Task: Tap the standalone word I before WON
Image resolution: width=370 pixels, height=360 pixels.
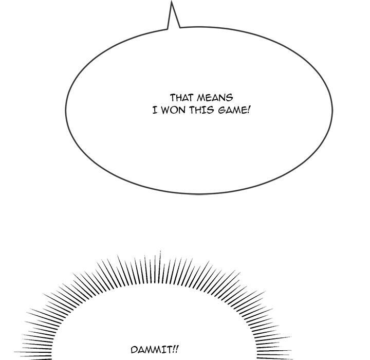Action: (x=155, y=111)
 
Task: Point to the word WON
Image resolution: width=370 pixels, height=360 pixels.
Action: (x=174, y=111)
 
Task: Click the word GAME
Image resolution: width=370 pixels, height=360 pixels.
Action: (x=231, y=111)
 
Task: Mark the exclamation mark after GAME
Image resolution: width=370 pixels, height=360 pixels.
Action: (x=248, y=110)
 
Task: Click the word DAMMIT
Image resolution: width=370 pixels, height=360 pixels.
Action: (x=152, y=350)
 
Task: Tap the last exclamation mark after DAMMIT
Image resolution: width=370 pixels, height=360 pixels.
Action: (x=177, y=349)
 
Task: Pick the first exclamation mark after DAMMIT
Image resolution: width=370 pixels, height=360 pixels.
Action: (x=174, y=349)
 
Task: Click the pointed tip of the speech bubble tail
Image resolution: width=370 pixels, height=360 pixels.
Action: (x=172, y=1)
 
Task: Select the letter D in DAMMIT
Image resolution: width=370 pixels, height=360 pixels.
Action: (x=134, y=350)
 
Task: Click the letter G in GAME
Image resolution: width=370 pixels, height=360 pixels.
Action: (x=221, y=111)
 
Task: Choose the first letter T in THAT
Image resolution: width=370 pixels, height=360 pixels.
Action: (x=173, y=98)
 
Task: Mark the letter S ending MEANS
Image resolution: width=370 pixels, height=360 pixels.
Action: (x=230, y=98)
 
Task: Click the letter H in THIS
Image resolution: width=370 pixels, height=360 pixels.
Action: (x=199, y=111)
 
